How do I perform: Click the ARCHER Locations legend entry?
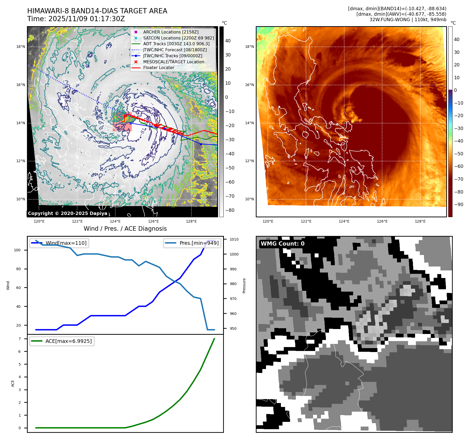pyautogui.click(x=171, y=32)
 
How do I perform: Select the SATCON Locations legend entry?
pyautogui.click(x=178, y=38)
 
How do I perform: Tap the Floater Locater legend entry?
pyautogui.click(x=158, y=67)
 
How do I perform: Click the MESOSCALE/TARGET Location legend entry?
pyautogui.click(x=173, y=62)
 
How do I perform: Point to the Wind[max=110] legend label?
pyautogui.click(x=66, y=243)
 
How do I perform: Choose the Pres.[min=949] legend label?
pyautogui.click(x=199, y=243)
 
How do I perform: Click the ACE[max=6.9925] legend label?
pyautogui.click(x=69, y=341)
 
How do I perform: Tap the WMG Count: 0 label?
pyautogui.click(x=282, y=243)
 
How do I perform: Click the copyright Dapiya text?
pyautogui.click(x=67, y=213)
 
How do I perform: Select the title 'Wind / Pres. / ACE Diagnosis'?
pyautogui.click(x=125, y=229)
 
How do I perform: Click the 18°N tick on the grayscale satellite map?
pyautogui.click(x=21, y=47)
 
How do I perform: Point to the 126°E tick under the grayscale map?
pyautogui.click(x=153, y=221)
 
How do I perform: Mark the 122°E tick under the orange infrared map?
pyautogui.click(x=306, y=221)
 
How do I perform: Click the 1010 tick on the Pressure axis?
pyautogui.click(x=234, y=239)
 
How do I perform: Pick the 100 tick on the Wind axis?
pyautogui.click(x=17, y=250)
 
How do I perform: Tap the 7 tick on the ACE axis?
pyautogui.click(x=20, y=339)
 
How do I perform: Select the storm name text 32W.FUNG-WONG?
pyautogui.click(x=389, y=20)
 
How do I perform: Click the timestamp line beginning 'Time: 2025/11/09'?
pyautogui.click(x=76, y=19)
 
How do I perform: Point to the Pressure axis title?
pyautogui.click(x=244, y=286)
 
